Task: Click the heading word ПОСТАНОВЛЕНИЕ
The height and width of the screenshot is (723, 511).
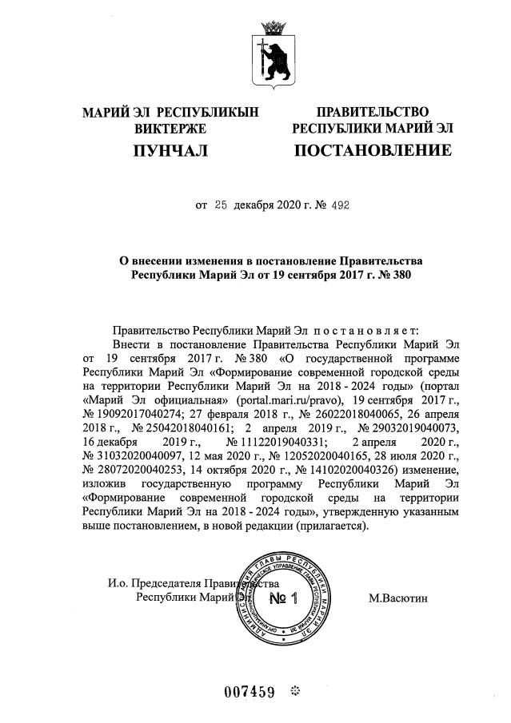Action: pos(373,150)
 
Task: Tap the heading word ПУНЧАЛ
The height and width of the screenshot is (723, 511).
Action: pos(170,150)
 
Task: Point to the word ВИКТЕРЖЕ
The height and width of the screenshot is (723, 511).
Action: pos(171,128)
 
